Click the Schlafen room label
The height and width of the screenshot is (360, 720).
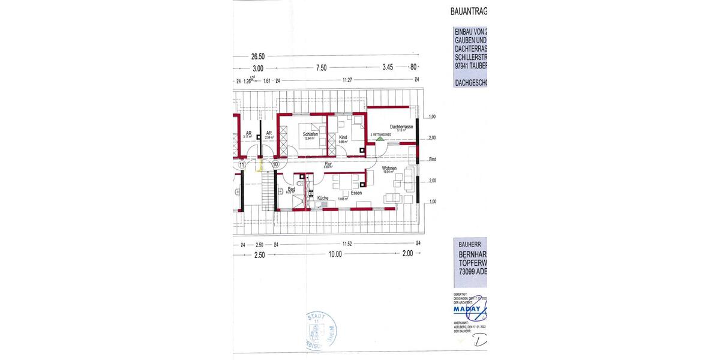[x=310, y=134]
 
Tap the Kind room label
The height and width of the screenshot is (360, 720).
[x=343, y=138]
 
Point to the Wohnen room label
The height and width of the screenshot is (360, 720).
[x=389, y=168]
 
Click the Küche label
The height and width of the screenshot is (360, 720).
[x=322, y=197]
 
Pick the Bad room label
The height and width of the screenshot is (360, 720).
[x=292, y=189]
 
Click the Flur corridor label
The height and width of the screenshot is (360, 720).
[x=328, y=163]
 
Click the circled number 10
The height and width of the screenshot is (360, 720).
[x=275, y=163]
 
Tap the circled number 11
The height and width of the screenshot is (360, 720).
[x=242, y=163]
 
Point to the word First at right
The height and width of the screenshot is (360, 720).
[x=433, y=160]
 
